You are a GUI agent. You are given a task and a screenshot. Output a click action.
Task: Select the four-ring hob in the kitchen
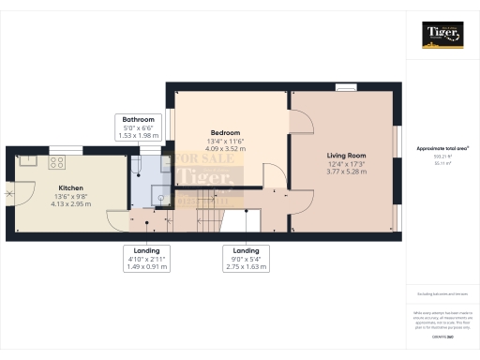[x=56, y=161]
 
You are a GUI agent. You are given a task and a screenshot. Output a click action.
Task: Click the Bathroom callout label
[x=138, y=119]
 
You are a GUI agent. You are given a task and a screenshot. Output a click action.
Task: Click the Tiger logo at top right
[x=442, y=35]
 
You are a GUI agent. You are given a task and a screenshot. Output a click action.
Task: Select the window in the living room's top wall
[x=347, y=87]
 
